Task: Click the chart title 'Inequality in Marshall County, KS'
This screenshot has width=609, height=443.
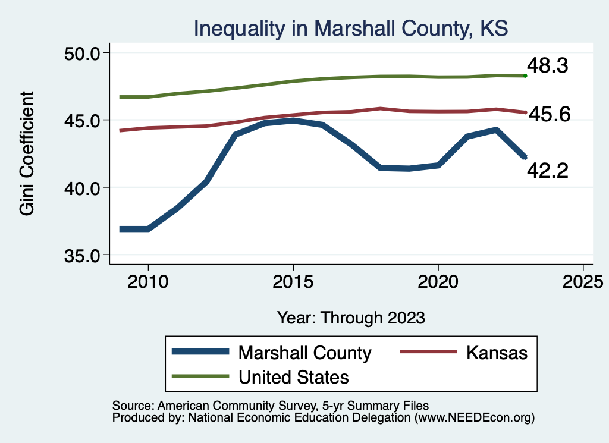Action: (350, 29)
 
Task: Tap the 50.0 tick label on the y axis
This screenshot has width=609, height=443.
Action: (82, 53)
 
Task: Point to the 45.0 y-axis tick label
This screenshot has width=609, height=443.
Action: (82, 120)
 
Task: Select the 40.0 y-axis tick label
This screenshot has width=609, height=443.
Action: (82, 188)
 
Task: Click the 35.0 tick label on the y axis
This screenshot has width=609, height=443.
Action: (82, 255)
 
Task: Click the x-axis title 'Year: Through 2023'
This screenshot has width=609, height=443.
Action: (351, 318)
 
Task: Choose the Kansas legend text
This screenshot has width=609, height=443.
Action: (497, 352)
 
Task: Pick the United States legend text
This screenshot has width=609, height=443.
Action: (293, 376)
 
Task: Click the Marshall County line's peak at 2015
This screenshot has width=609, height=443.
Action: (293, 121)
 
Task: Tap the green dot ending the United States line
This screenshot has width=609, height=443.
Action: (525, 76)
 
